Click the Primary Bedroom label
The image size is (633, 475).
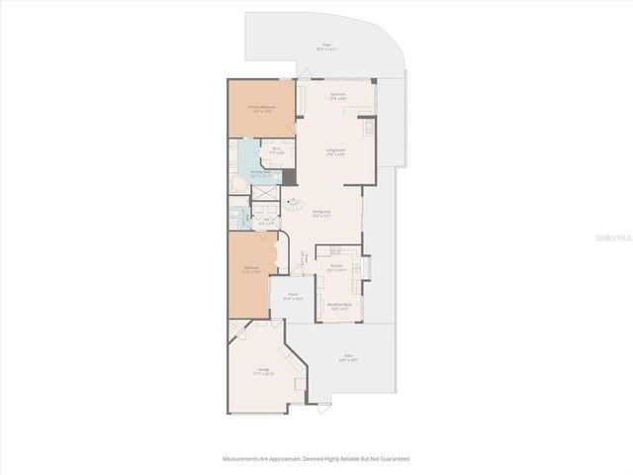(261, 108)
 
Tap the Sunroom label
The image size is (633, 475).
(337, 96)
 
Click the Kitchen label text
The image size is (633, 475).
(336, 267)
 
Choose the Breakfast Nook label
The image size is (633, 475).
(340, 305)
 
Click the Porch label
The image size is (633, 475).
(294, 296)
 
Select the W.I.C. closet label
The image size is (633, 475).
(278, 151)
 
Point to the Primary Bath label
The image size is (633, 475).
(261, 173)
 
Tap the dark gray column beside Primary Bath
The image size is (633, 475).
(289, 177)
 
